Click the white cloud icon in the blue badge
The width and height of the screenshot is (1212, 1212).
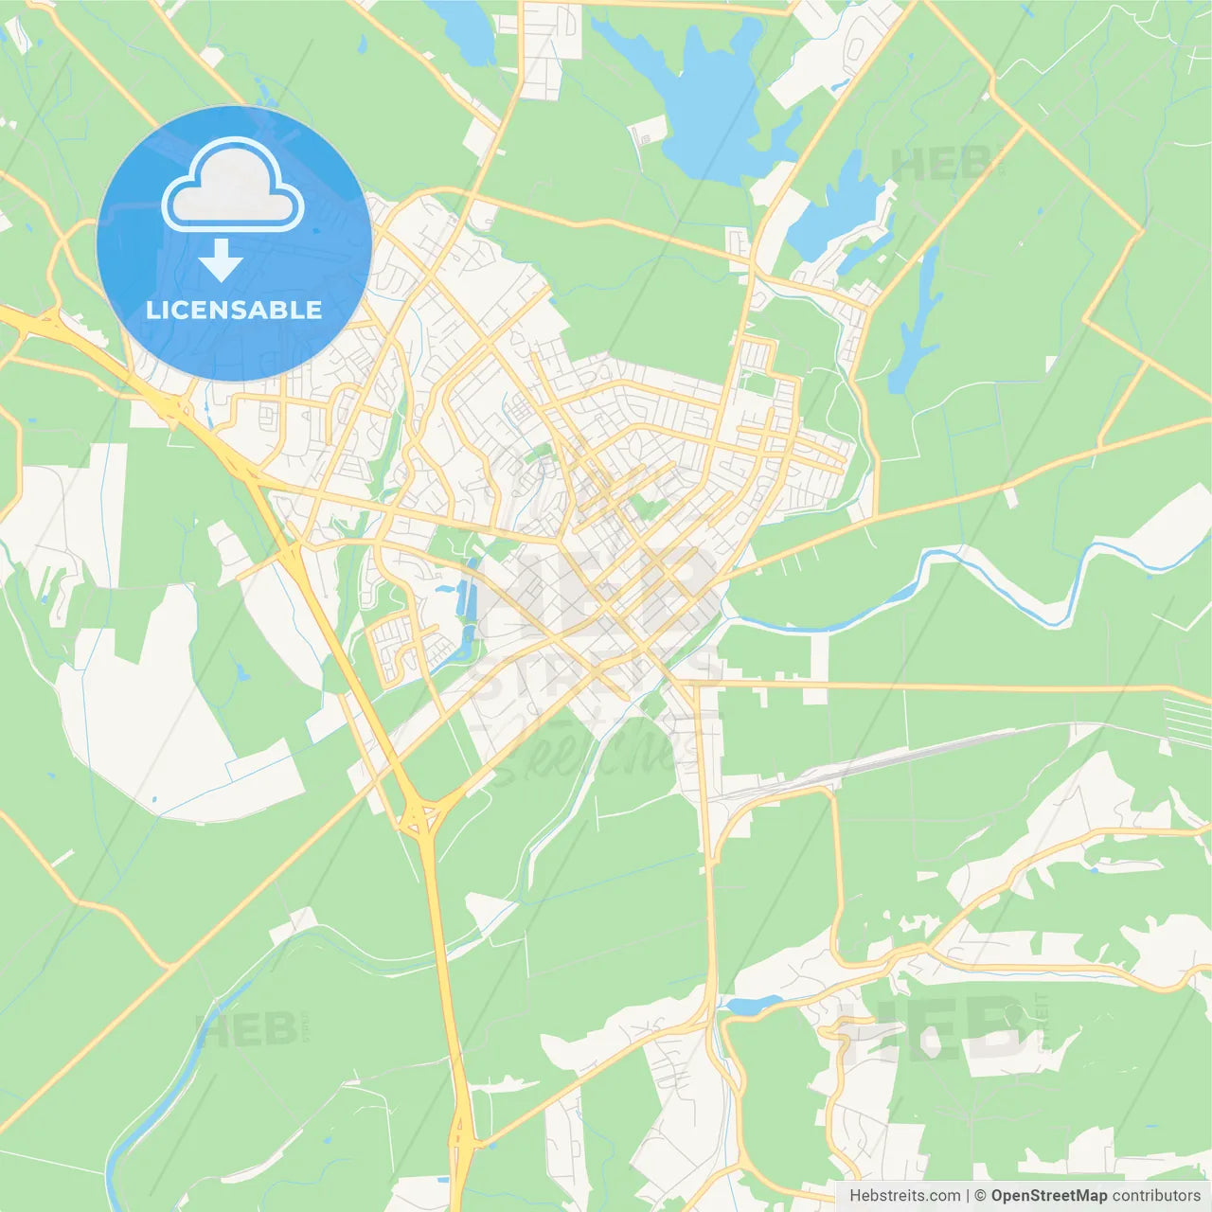coord(233,187)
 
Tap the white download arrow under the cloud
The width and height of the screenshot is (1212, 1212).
coord(221,260)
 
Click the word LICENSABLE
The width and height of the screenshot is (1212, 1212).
coord(234,311)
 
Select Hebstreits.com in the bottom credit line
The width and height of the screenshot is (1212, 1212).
coord(904,1196)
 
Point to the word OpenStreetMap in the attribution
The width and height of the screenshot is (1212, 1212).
coord(1048,1196)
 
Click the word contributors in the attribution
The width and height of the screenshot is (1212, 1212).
coord(1156,1196)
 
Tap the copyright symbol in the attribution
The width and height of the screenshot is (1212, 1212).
coord(980,1196)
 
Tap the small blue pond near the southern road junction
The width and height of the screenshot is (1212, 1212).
coord(753,1005)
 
